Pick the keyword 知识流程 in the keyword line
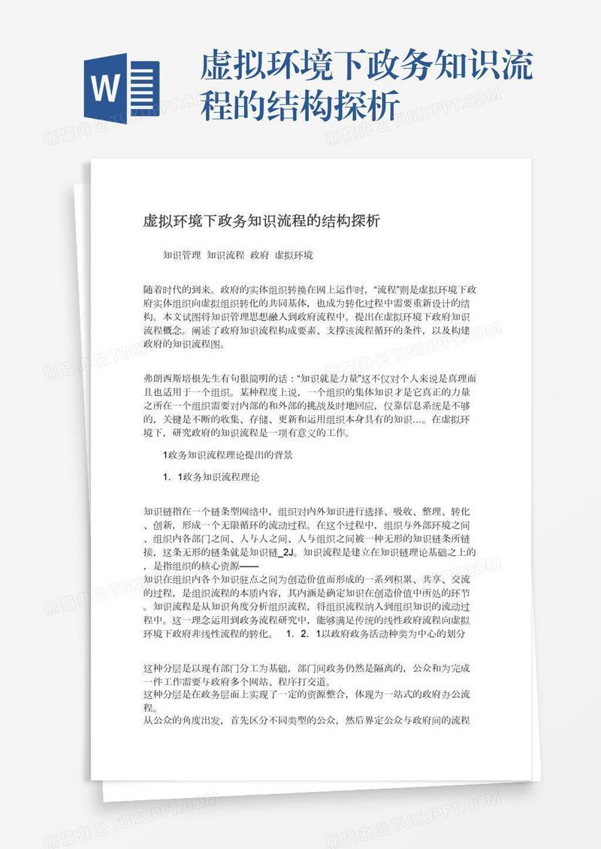[225, 255]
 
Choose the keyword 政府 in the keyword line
[259, 255]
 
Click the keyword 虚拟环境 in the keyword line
[294, 255]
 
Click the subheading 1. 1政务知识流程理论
[211, 477]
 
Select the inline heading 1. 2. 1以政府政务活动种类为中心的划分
[374, 635]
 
